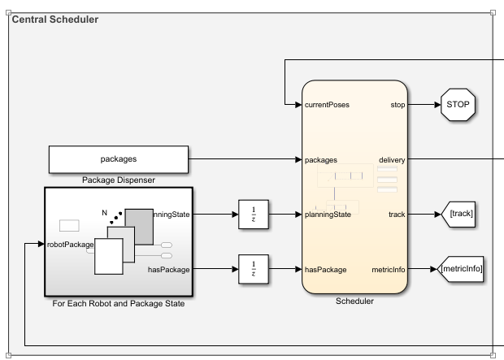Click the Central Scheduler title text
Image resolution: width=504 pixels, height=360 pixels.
tap(54, 20)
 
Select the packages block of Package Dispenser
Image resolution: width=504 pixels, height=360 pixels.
tap(118, 160)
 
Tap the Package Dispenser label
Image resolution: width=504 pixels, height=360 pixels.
tap(118, 180)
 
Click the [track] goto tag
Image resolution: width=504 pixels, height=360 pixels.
tap(458, 215)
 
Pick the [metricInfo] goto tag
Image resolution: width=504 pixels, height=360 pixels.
tap(461, 269)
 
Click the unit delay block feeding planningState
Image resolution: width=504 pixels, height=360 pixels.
tap(254, 215)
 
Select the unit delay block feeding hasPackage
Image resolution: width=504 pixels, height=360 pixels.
tap(254, 269)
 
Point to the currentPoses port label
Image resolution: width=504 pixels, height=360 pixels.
tap(328, 105)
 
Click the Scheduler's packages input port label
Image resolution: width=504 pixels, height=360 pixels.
tap(322, 160)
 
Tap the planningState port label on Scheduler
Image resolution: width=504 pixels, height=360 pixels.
tap(328, 215)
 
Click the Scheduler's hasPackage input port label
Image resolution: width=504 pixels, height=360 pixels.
tap(326, 269)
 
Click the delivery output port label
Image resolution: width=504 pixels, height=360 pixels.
tap(391, 160)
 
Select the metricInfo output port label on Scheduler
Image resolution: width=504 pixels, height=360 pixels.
tap(388, 269)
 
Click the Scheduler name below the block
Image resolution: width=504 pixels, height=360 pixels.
tap(354, 301)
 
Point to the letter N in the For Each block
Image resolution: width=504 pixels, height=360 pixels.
tap(104, 213)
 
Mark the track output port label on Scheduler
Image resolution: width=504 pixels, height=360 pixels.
tap(396, 215)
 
